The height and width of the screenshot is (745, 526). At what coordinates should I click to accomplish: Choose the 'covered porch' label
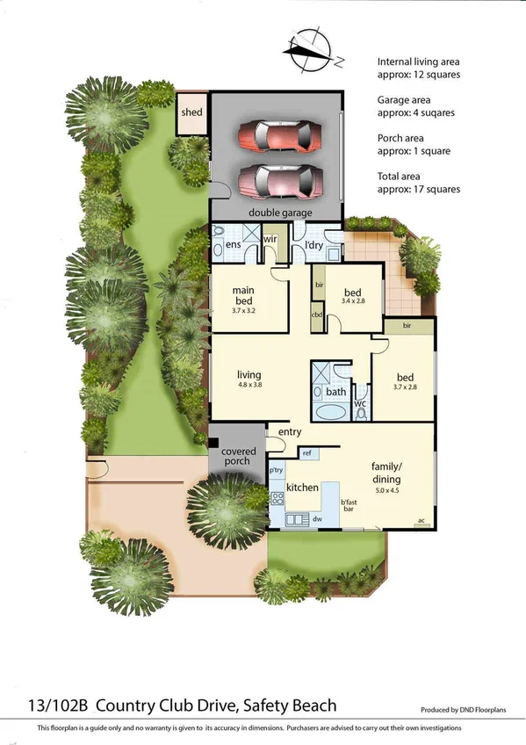pos(237,455)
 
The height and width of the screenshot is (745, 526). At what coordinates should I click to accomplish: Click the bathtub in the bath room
pos(330,414)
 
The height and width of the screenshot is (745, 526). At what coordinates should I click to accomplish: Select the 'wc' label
pos(359,403)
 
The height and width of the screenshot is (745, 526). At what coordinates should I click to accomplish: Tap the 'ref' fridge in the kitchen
pos(307,453)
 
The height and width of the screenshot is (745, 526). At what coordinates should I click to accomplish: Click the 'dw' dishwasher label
pos(315,519)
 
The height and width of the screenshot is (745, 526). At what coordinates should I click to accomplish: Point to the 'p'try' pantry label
pos(277,471)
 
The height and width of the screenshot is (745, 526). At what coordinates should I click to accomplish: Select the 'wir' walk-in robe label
pos(270,238)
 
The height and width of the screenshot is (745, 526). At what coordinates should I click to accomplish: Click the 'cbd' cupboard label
pos(318,314)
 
